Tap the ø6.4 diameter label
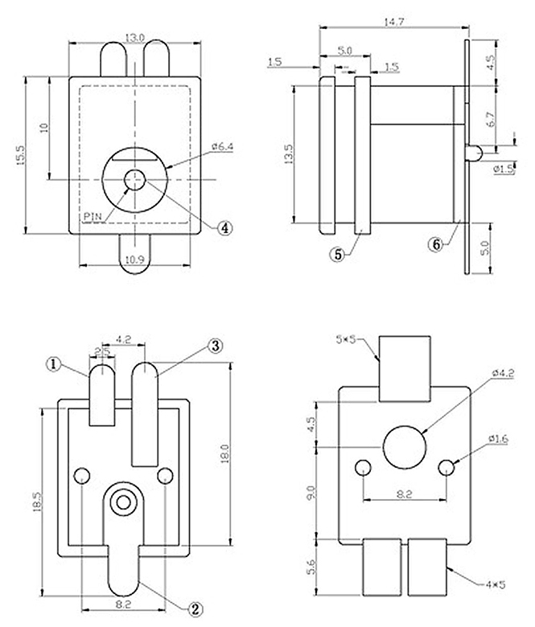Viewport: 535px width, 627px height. click(222, 146)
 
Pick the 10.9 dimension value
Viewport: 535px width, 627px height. click(134, 260)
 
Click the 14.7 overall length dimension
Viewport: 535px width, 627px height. click(393, 23)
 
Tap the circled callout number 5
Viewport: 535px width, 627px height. click(337, 254)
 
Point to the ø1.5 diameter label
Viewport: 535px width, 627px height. click(503, 169)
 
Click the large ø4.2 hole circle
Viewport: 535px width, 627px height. click(405, 447)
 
